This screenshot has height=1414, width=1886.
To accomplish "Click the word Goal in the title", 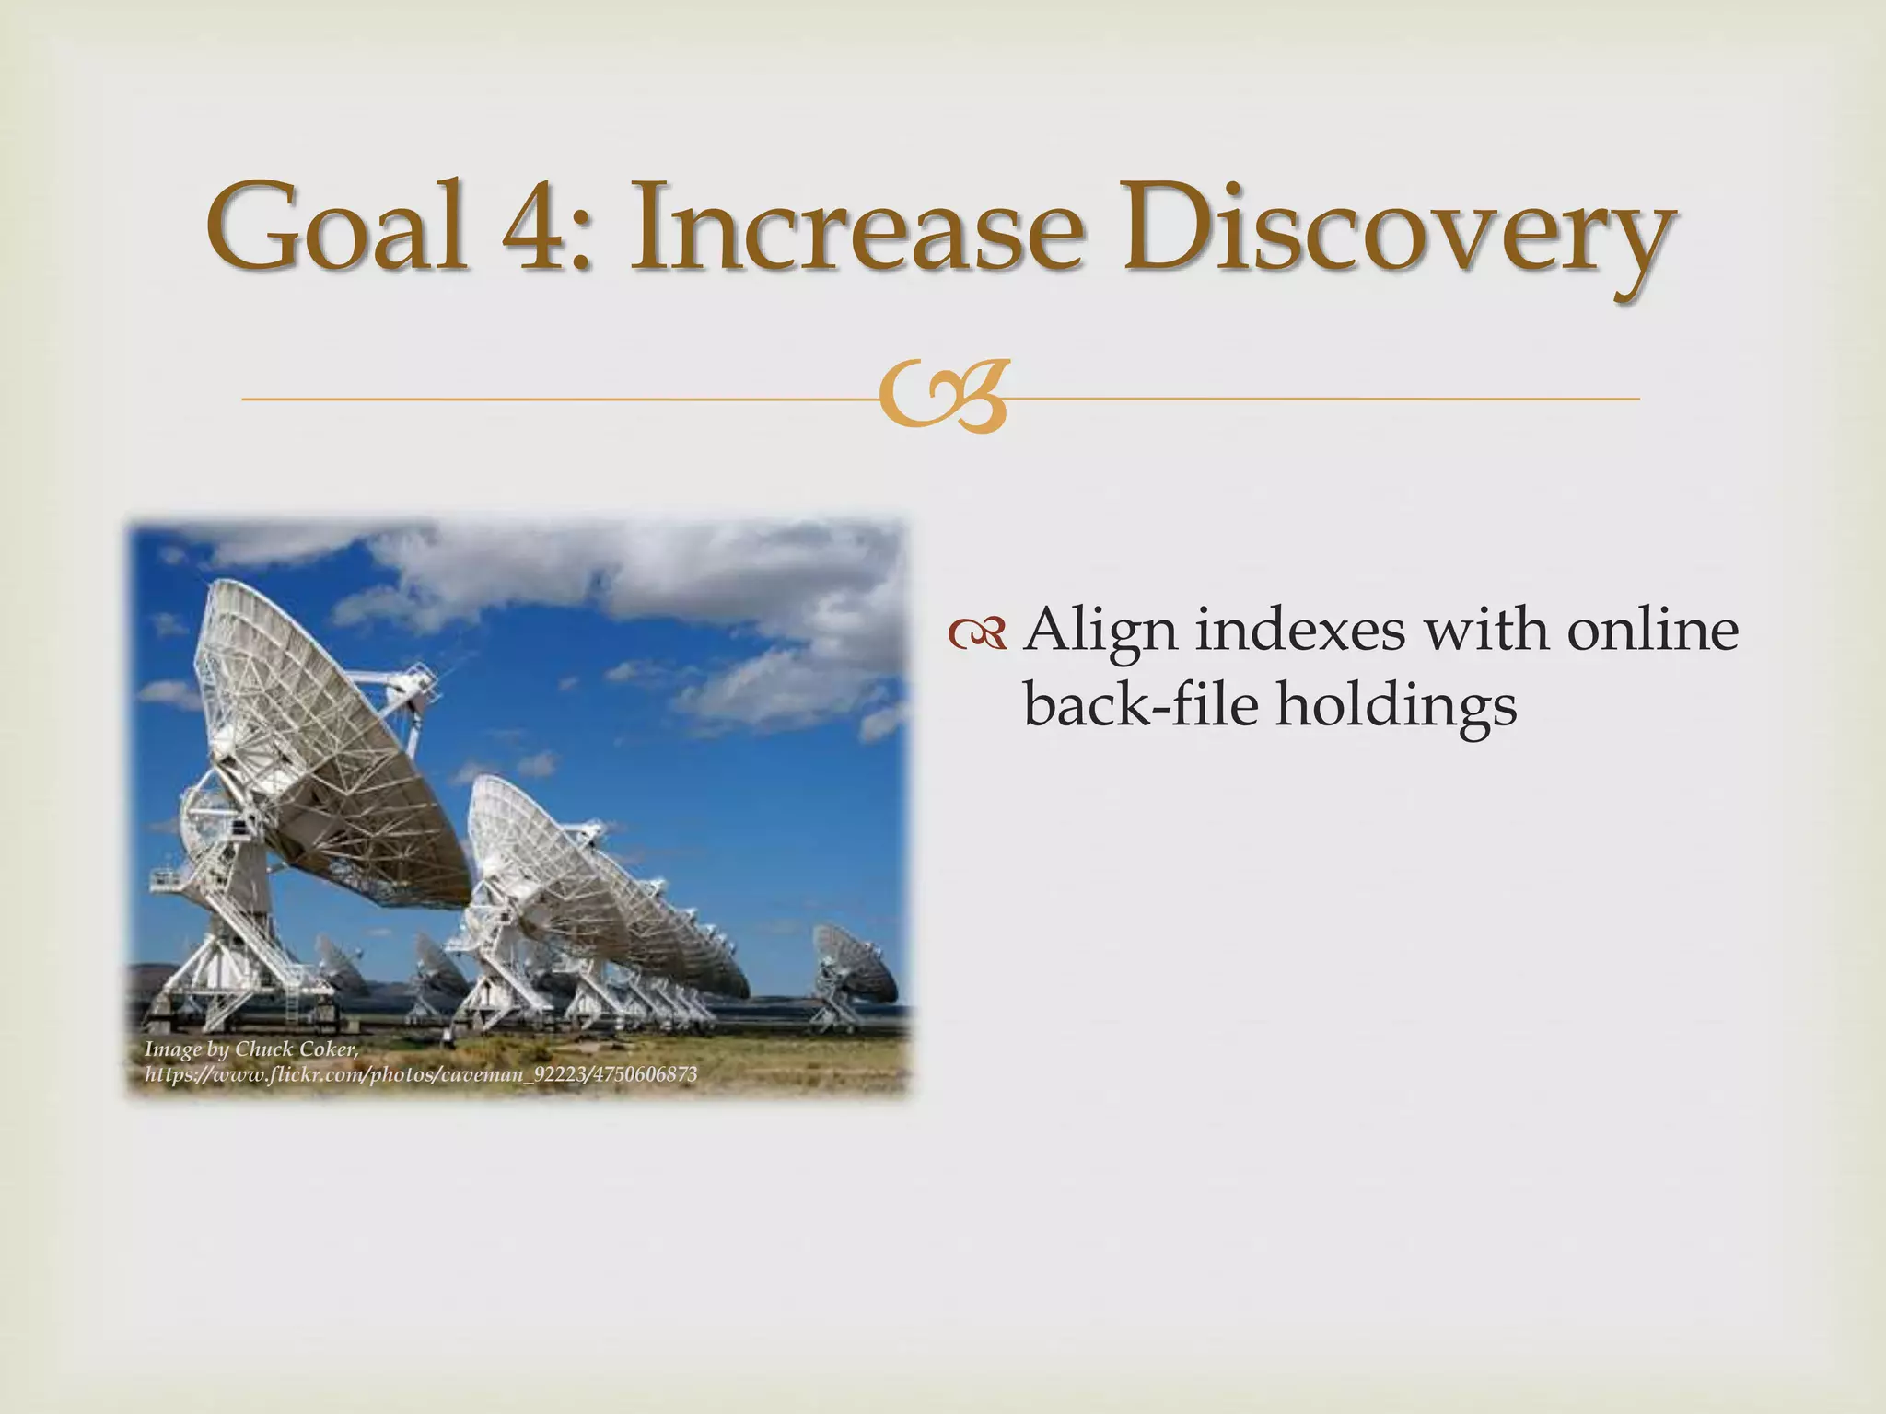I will tap(336, 226).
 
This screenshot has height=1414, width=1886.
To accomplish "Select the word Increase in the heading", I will tap(852, 226).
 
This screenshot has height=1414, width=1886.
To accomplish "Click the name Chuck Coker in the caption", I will tap(296, 1049).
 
